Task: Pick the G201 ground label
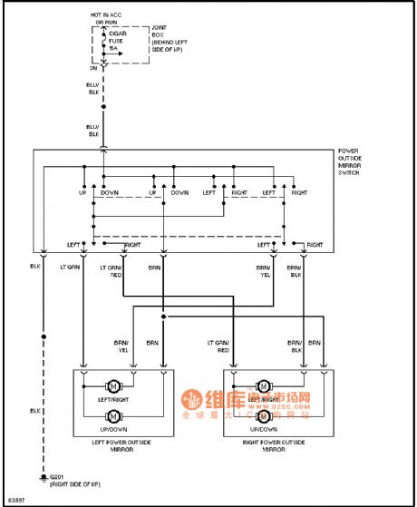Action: (x=73, y=482)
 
